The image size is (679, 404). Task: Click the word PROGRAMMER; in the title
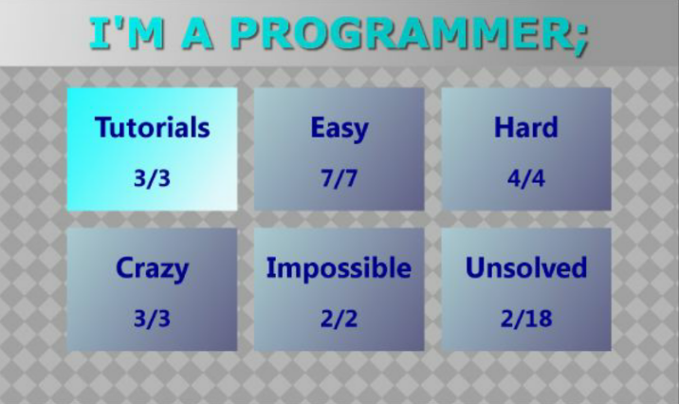click(410, 33)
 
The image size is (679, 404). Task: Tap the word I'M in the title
click(127, 32)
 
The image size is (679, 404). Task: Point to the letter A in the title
click(197, 32)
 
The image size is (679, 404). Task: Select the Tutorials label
click(153, 127)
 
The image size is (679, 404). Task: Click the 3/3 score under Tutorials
click(152, 178)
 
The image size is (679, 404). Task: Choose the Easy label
click(339, 129)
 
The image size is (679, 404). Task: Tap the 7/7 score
click(339, 178)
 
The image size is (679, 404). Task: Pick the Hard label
click(526, 127)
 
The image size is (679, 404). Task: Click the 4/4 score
click(526, 178)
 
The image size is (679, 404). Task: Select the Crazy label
click(153, 269)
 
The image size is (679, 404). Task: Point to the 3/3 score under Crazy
click(152, 319)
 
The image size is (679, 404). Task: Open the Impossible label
click(339, 268)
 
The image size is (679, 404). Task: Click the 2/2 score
click(339, 319)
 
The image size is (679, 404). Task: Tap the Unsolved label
click(526, 267)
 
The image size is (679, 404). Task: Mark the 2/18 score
click(526, 319)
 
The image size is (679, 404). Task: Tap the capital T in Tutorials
click(104, 127)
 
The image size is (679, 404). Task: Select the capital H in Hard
click(504, 128)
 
